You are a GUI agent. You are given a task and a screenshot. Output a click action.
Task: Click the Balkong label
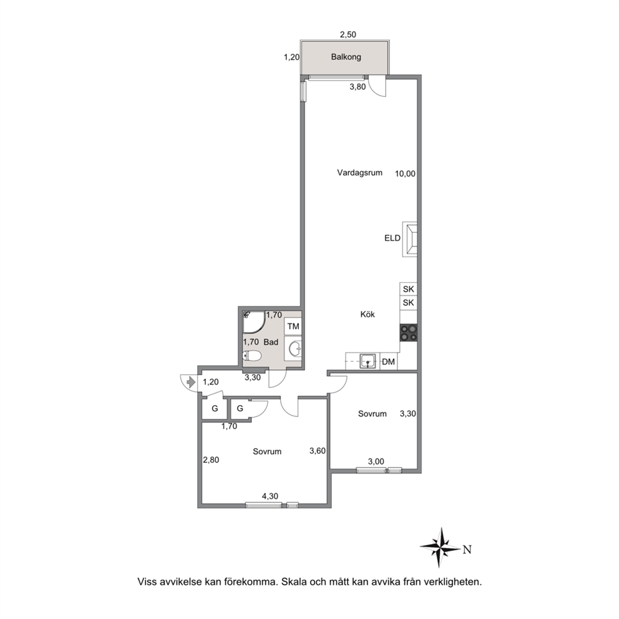click(346, 57)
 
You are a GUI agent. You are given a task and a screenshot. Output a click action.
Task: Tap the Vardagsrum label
click(359, 172)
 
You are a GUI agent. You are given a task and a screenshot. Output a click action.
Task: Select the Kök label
click(368, 314)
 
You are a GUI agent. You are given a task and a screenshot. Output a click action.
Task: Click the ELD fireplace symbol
click(410, 239)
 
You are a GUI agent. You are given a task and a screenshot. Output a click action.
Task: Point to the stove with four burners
click(409, 333)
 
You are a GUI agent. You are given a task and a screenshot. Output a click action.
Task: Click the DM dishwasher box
click(389, 362)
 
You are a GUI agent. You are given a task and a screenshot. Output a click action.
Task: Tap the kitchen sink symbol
click(368, 361)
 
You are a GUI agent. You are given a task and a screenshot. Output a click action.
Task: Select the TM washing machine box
click(293, 327)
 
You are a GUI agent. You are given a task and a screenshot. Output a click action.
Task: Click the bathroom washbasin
click(295, 349)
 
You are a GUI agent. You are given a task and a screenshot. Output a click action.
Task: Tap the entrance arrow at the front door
click(191, 382)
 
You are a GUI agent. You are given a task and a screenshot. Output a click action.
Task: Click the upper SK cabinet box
click(409, 289)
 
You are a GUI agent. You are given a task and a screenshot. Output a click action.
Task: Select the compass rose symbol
click(440, 547)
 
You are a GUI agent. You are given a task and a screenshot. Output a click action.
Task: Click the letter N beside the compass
click(467, 550)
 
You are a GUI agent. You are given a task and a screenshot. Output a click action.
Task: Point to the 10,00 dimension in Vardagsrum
click(406, 173)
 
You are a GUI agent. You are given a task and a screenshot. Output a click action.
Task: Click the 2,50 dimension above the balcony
click(348, 35)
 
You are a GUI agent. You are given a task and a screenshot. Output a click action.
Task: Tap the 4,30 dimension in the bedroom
click(270, 496)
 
